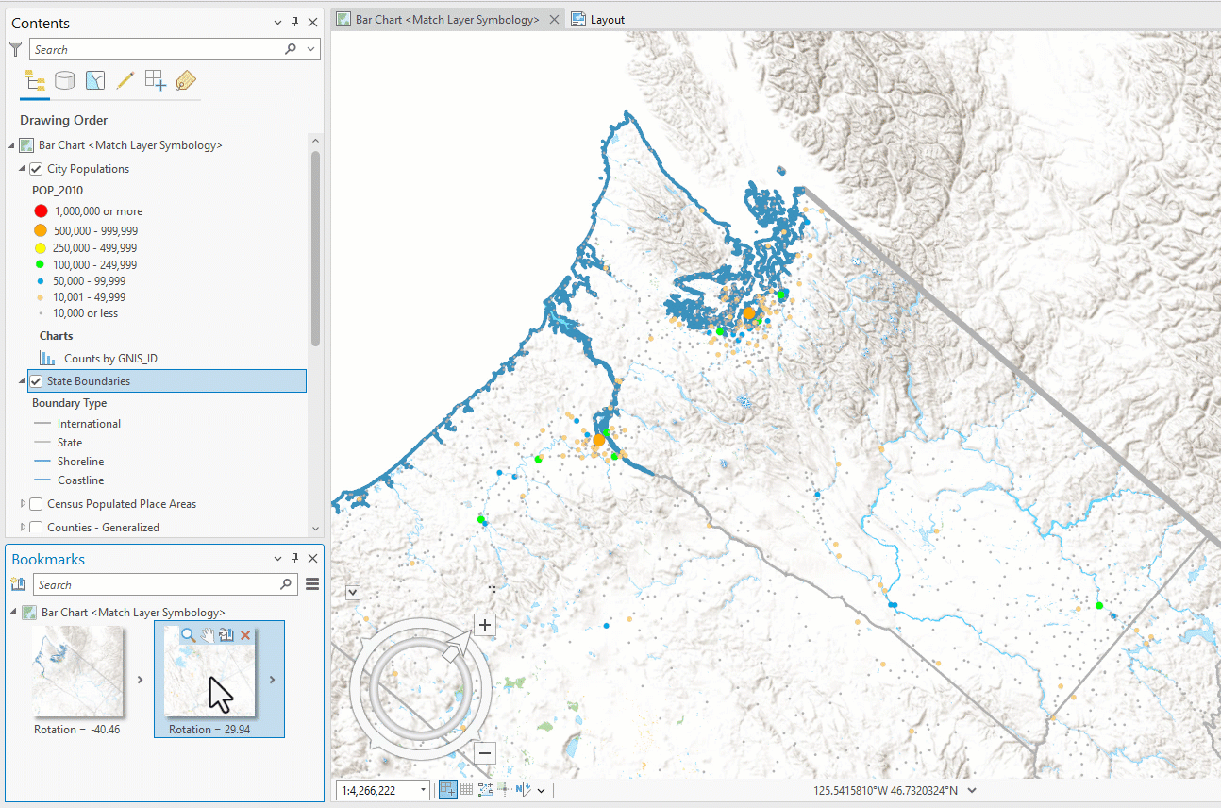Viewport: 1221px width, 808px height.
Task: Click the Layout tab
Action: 607,20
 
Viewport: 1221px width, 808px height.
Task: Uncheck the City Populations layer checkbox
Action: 36,169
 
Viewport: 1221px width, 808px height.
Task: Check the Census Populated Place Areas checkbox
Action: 36,504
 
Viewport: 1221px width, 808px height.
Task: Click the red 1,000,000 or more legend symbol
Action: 41,211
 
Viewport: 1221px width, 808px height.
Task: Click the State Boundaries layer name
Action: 89,381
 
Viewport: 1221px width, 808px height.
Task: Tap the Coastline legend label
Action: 80,480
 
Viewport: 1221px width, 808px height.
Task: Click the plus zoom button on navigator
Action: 485,625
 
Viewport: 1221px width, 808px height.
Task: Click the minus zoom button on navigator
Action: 485,753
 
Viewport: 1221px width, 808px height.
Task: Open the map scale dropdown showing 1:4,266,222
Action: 423,790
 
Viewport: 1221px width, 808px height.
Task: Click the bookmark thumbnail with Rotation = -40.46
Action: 77,672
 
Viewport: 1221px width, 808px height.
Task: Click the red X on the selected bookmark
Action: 246,636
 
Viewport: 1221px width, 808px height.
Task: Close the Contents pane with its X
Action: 312,23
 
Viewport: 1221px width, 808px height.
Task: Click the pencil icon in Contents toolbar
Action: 125,81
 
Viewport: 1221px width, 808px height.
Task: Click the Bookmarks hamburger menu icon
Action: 313,585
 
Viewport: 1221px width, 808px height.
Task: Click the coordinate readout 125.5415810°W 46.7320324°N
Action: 885,791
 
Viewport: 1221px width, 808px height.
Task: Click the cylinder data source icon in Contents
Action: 64,81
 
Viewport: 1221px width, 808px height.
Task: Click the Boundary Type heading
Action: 70,403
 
